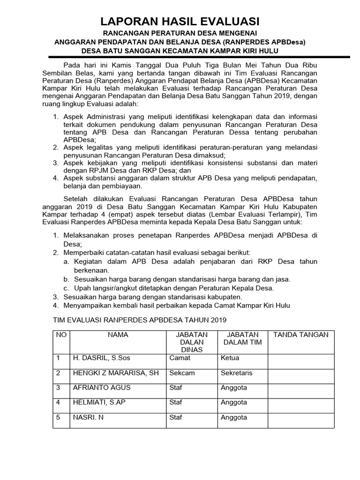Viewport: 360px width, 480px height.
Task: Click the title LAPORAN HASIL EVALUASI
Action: coord(180,21)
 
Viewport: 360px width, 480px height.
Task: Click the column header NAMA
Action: coord(118,335)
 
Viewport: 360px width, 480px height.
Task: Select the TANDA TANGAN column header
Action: coord(300,335)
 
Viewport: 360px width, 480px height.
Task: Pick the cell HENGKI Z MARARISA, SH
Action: coord(115,373)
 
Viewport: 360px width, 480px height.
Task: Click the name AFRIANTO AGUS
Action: coord(102,388)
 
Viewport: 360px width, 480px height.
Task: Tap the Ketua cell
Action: coord(230,358)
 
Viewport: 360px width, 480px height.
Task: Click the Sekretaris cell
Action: coord(236,373)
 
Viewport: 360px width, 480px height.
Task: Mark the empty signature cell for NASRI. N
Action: coord(300,420)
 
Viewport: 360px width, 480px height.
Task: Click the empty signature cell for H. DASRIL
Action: coord(300,360)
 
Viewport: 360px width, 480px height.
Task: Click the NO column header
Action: coord(61,335)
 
